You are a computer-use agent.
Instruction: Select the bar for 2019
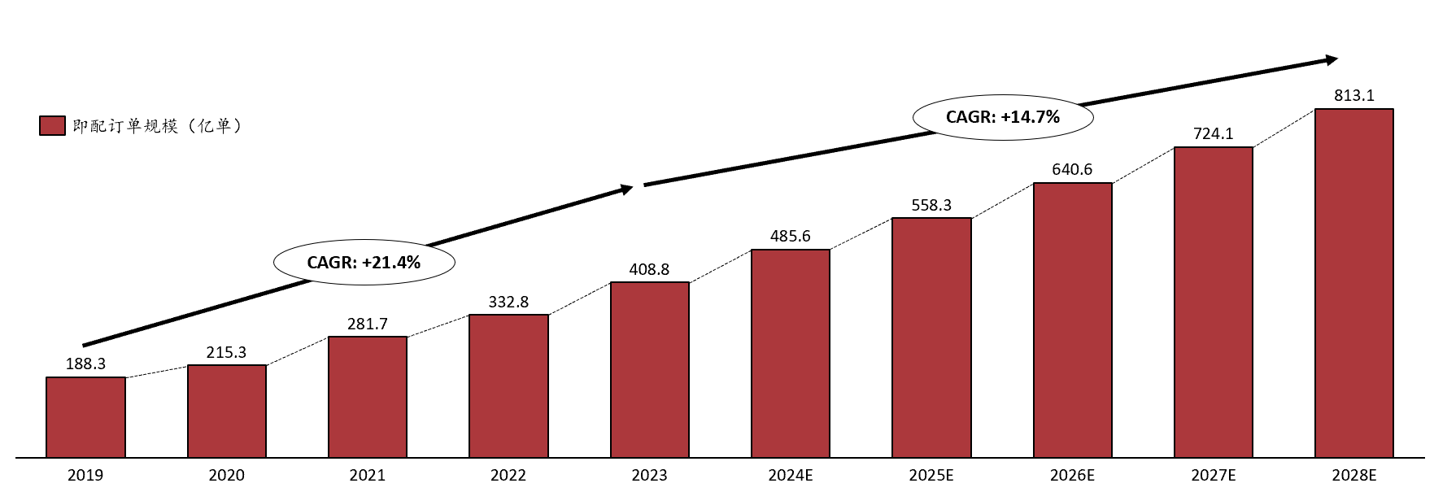(85, 417)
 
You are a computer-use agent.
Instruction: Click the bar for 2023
(649, 370)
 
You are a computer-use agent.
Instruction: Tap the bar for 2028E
(1353, 283)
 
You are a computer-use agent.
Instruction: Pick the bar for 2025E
(931, 337)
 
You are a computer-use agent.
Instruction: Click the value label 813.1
(1353, 96)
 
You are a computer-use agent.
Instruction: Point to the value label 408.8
(649, 270)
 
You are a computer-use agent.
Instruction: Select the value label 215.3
(226, 353)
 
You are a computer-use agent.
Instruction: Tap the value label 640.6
(1072, 170)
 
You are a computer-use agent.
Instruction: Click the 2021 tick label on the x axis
(367, 475)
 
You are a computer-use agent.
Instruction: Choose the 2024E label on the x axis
(790, 475)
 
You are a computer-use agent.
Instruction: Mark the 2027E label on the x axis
(1213, 475)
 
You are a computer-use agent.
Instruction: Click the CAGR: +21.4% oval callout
(364, 263)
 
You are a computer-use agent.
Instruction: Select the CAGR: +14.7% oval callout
(1002, 117)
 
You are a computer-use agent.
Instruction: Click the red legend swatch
(52, 126)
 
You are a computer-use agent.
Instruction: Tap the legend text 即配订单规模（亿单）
(157, 126)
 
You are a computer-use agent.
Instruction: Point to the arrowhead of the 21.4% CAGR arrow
(627, 189)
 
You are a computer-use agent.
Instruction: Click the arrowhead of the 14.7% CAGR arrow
(1332, 59)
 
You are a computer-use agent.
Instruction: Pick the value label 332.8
(508, 303)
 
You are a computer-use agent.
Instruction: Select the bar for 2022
(508, 386)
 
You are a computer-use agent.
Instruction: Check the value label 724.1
(1213, 134)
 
